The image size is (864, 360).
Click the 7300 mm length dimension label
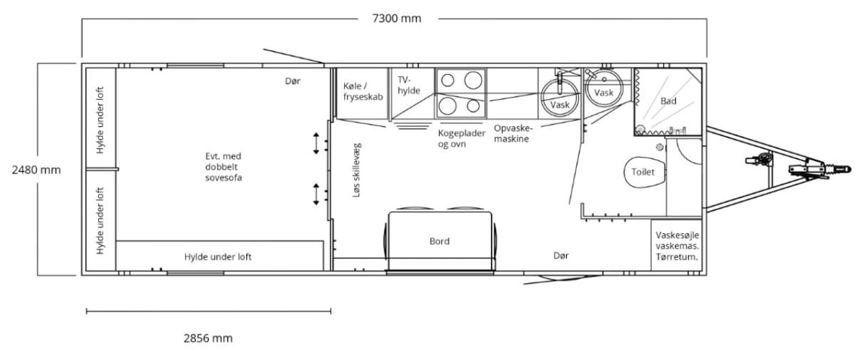pyautogui.click(x=397, y=19)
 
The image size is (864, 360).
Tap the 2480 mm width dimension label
pyautogui.click(x=36, y=170)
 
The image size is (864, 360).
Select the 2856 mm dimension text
pyautogui.click(x=208, y=338)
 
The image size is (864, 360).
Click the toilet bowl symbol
pyautogui.click(x=644, y=172)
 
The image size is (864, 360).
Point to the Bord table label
pyautogui.click(x=439, y=241)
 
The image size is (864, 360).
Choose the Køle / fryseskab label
pyautogui.click(x=363, y=91)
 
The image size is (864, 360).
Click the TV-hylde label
pyautogui.click(x=409, y=85)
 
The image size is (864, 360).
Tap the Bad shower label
pyautogui.click(x=668, y=101)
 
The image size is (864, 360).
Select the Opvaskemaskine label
pyautogui.click(x=513, y=133)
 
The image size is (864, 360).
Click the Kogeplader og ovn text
pyautogui.click(x=462, y=138)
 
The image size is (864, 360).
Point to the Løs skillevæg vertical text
pyautogui.click(x=356, y=170)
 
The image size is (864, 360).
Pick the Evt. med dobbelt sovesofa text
pyautogui.click(x=224, y=167)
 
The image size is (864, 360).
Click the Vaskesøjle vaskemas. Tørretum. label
pyautogui.click(x=677, y=246)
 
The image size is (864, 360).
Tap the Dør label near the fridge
pyautogui.click(x=292, y=81)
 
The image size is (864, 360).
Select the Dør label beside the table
pyautogui.click(x=561, y=256)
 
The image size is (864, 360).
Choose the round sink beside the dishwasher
pyautogui.click(x=559, y=99)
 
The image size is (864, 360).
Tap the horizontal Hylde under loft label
pyautogui.click(x=218, y=256)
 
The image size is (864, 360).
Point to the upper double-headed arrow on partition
pyautogui.click(x=316, y=143)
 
